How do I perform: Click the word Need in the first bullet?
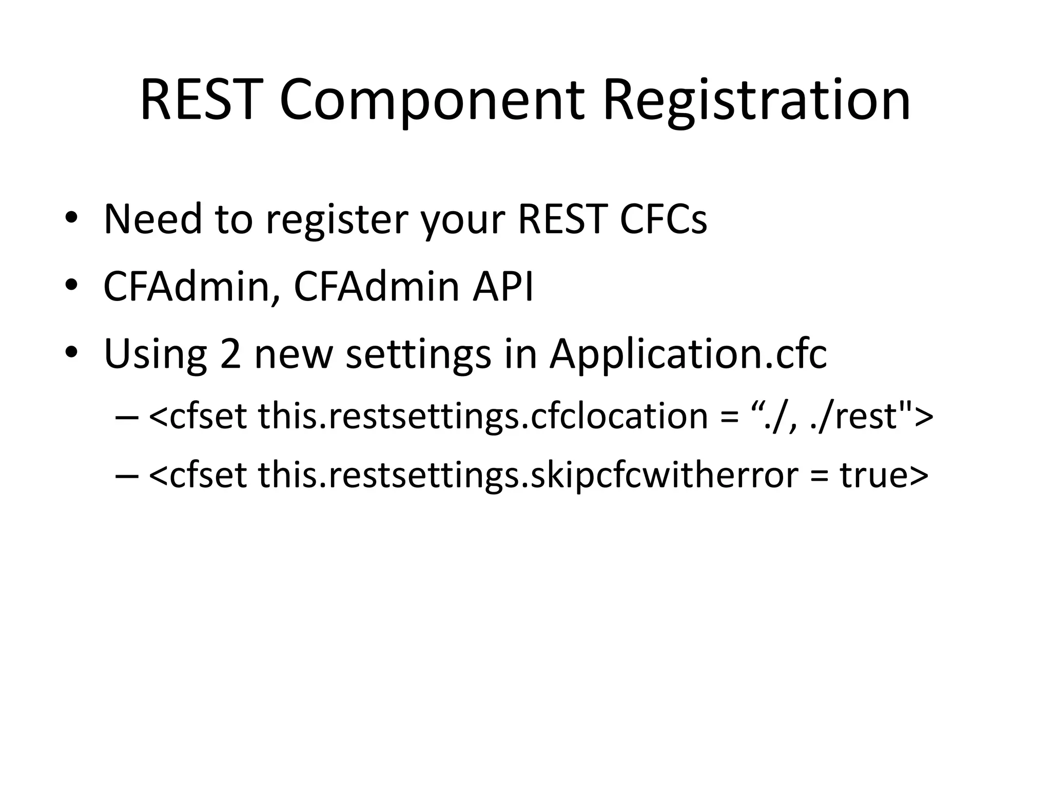tap(152, 219)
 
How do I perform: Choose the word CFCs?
tap(663, 219)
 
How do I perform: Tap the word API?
tap(503, 286)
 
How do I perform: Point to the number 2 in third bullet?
tap(230, 354)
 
